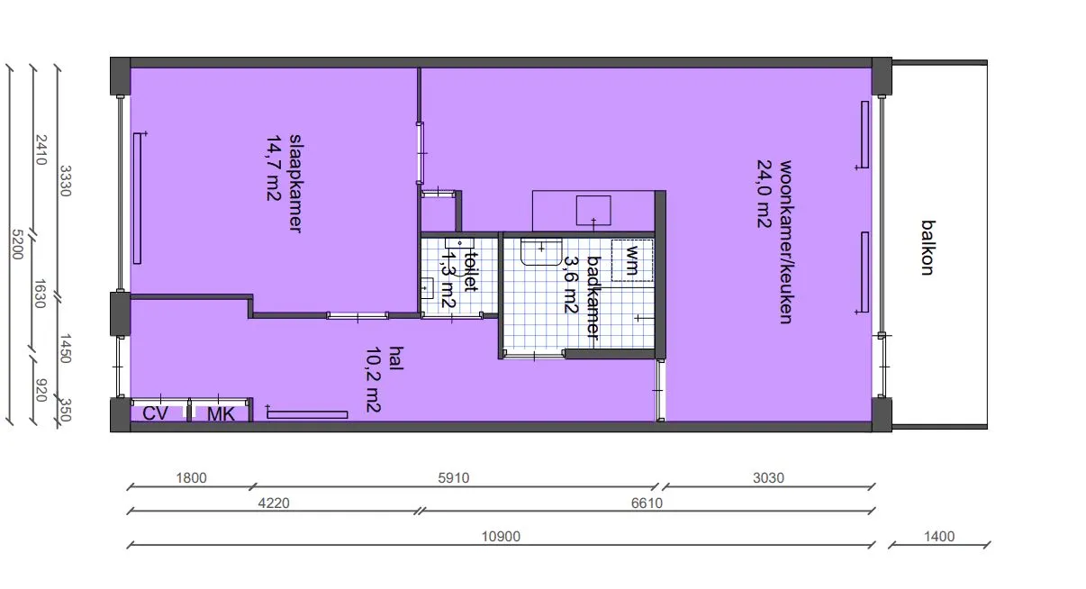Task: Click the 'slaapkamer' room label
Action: click(x=295, y=183)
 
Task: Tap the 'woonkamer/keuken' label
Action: click(x=786, y=242)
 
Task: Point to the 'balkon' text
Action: click(x=928, y=248)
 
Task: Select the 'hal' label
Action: click(x=396, y=358)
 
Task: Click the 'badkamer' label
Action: click(x=594, y=298)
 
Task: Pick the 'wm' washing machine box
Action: click(x=632, y=260)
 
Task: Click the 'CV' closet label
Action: click(x=155, y=413)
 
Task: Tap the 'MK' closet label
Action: click(x=222, y=414)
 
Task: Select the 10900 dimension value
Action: click(x=501, y=536)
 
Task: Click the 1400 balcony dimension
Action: click(x=939, y=536)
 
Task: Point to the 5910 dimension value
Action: click(x=453, y=478)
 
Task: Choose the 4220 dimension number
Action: click(x=274, y=503)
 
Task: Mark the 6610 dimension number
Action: click(x=647, y=503)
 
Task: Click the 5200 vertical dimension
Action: click(x=17, y=244)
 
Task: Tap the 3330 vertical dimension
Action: click(x=66, y=181)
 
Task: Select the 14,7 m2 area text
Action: click(x=274, y=168)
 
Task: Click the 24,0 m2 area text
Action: click(x=765, y=194)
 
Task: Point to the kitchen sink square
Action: click(x=593, y=211)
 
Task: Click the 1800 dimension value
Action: click(x=191, y=478)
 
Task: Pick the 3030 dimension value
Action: click(x=768, y=478)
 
